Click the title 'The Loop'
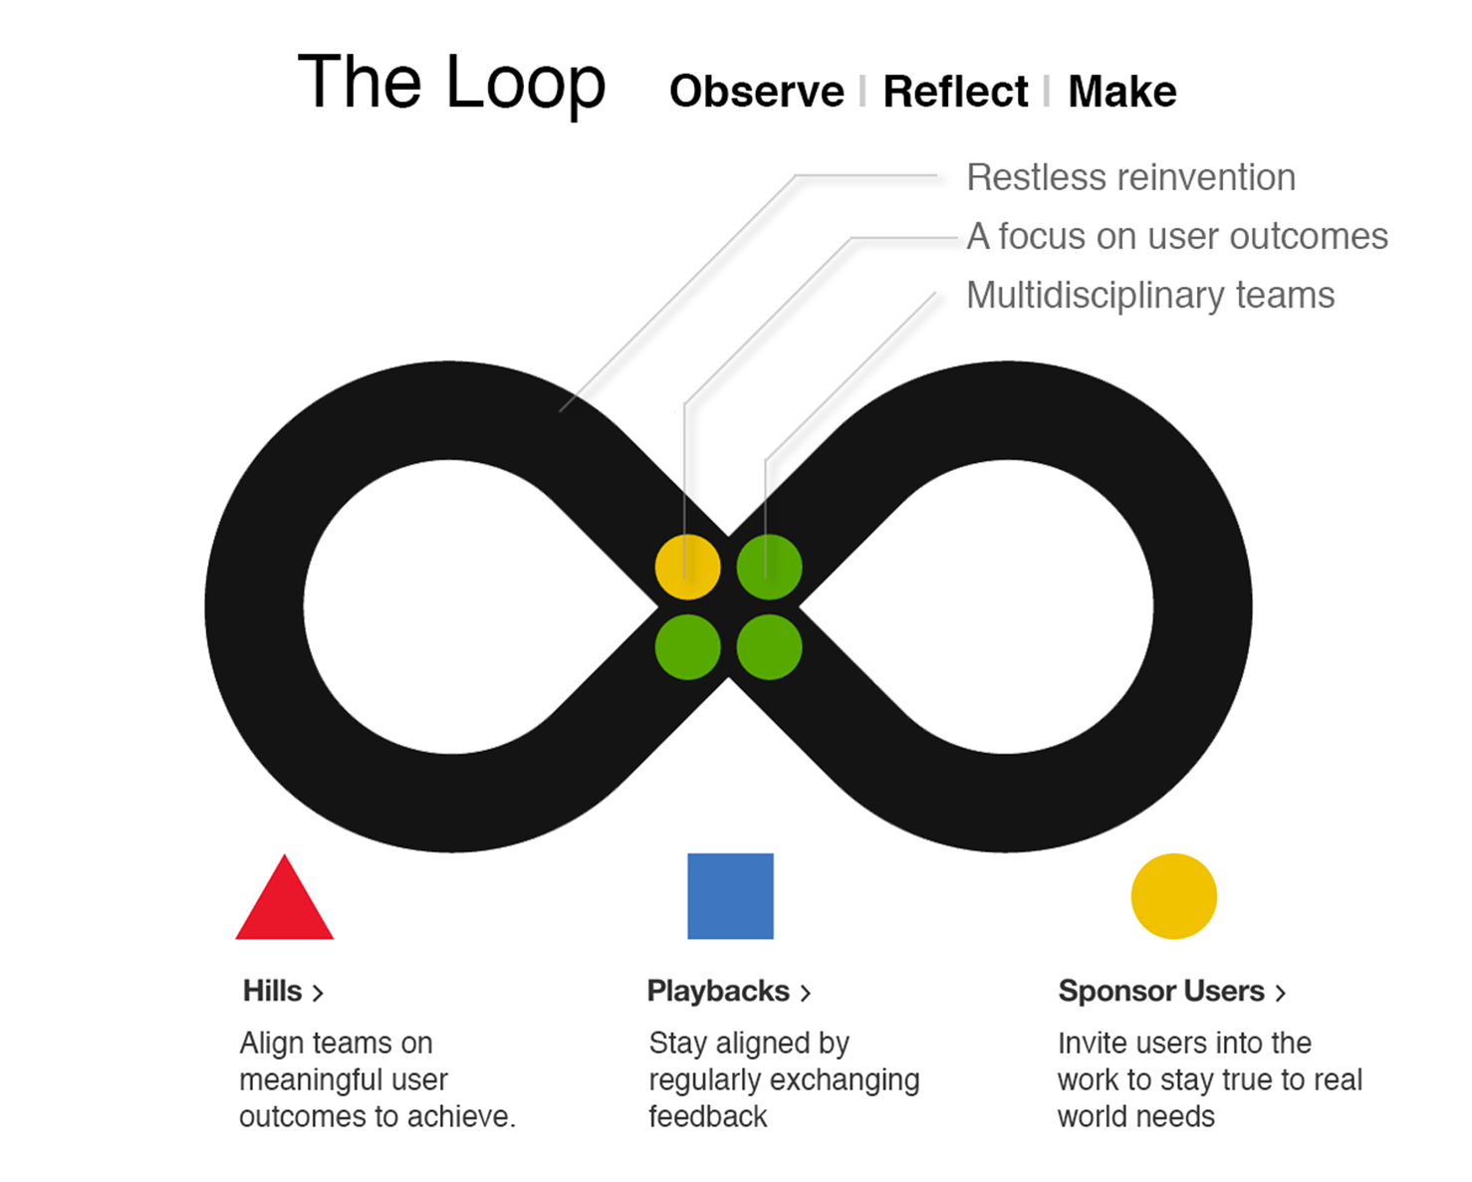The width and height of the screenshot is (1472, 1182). pos(451,83)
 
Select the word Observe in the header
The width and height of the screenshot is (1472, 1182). pos(756,92)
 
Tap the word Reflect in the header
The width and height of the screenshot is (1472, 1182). pos(954,92)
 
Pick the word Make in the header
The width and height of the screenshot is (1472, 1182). pos(1121,92)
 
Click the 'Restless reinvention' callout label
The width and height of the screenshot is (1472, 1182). pos(1130,177)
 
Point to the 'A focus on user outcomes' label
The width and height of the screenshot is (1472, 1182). pos(1176,236)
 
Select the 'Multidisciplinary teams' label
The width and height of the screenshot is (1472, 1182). pos(1149,295)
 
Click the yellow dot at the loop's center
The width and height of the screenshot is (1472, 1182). pos(687,567)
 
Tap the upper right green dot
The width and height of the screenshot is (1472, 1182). pos(769,567)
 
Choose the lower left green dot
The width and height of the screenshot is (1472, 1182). pos(687,647)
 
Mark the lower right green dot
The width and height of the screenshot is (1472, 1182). pos(769,647)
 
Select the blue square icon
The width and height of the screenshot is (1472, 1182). pos(730,896)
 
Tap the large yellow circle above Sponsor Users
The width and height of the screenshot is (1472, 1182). pos(1173,896)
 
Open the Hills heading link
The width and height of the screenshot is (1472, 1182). pos(273,991)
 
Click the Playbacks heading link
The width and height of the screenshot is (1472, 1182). pos(718,991)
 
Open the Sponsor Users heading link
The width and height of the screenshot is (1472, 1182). pos(1160,991)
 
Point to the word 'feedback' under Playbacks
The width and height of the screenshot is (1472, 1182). pos(707,1116)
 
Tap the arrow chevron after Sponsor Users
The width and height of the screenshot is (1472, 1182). pos(1281,993)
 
